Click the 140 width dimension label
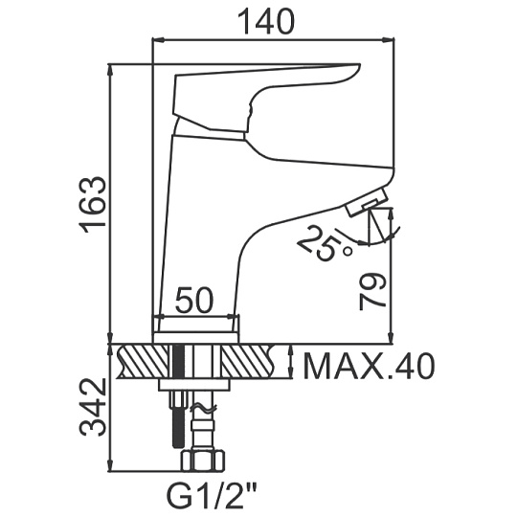266,22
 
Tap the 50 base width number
194,301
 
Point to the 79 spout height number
371,291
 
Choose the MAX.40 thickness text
369,367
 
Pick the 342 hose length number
93,408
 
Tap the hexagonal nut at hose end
203,460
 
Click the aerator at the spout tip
368,202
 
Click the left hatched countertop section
143,361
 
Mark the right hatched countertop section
248,361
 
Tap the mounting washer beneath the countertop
193,385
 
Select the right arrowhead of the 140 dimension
389,41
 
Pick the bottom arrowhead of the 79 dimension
392,337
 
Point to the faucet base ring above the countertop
196,337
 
